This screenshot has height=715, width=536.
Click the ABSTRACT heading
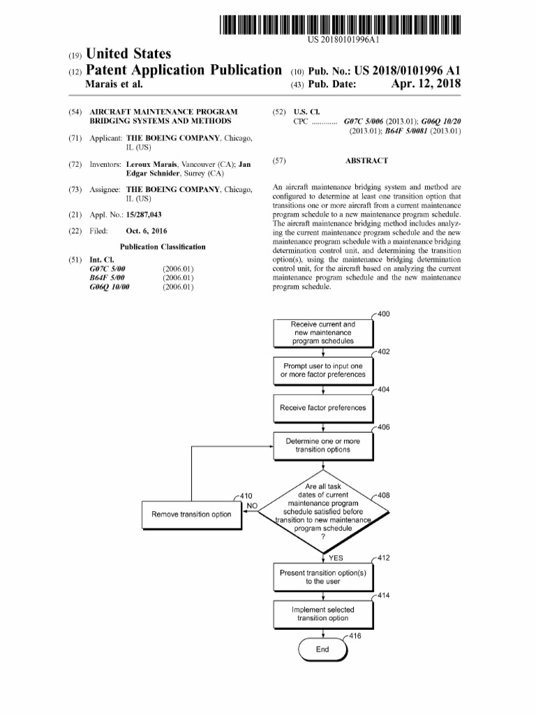[x=366, y=161]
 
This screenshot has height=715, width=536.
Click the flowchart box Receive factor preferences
[x=322, y=408]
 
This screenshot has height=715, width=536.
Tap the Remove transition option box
[x=191, y=515]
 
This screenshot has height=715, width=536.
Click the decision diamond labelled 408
[x=322, y=511]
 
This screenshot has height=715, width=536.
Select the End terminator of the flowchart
[x=322, y=649]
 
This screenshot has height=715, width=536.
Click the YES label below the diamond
[x=336, y=558]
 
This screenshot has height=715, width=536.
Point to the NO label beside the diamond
[x=253, y=505]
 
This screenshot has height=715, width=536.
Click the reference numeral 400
[x=383, y=314]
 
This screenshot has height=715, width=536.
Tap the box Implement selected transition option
[x=322, y=614]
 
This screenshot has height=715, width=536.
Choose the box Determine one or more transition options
[x=322, y=445]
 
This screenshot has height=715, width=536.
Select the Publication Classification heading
[x=163, y=246]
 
